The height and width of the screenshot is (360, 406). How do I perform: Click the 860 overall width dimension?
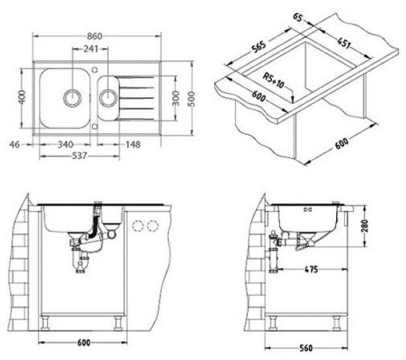95,37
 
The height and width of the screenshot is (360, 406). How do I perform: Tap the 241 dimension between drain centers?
91,49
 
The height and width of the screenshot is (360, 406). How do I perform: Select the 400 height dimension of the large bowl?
22,97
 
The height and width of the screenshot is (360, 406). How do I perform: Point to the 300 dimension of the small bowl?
176,98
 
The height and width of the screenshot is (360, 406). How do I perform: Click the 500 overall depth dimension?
192,98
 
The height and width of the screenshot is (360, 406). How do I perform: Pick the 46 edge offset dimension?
14,144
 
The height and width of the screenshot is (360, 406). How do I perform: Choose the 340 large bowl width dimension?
65,144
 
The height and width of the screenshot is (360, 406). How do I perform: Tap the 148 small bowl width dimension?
133,144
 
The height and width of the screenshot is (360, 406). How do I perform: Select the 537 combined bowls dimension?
80,156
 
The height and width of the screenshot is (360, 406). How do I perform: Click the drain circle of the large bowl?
72,98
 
